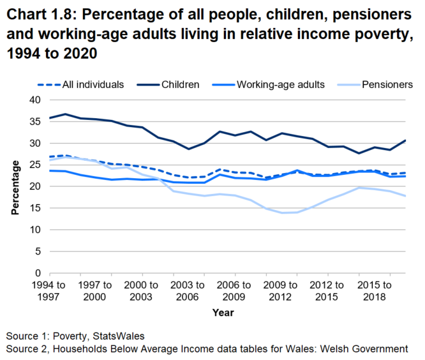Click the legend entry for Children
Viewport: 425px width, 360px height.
coord(181,84)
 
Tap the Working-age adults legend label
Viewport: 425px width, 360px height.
coord(280,84)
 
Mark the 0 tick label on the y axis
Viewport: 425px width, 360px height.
coord(37,273)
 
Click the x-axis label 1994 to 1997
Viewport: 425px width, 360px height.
coord(49,289)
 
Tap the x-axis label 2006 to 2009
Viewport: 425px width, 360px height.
coord(227,289)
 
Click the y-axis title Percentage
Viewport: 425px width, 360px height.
coord(13,186)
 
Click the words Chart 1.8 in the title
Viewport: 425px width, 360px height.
coord(40,14)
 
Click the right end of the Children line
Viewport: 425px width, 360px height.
coord(405,140)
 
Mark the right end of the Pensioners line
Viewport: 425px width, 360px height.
coord(405,196)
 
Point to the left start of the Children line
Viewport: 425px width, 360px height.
coord(49,118)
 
